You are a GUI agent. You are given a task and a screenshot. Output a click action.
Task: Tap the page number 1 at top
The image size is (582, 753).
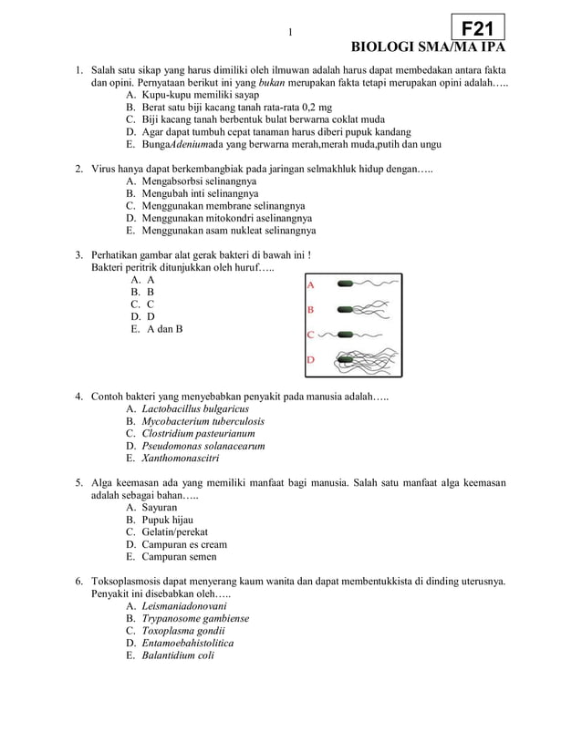click(290, 34)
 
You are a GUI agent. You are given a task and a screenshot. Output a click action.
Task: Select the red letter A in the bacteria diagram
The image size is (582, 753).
click(310, 284)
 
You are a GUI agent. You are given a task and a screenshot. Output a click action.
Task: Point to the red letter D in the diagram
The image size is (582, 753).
click(310, 360)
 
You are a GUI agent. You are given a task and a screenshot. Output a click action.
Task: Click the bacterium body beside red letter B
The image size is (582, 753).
click(348, 309)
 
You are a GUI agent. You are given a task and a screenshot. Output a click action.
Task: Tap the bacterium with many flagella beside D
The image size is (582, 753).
click(348, 359)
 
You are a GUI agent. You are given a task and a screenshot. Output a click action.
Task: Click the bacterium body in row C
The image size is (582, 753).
click(346, 334)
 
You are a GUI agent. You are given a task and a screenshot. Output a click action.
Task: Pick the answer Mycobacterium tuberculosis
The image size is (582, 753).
click(203, 421)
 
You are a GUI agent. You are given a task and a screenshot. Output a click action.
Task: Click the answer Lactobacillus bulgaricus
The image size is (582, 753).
click(195, 409)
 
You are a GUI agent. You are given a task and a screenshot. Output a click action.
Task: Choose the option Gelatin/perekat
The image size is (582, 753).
click(174, 531)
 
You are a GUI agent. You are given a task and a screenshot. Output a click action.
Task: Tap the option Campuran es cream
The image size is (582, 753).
click(184, 544)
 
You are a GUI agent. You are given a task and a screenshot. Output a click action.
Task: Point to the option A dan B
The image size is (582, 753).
click(163, 329)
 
